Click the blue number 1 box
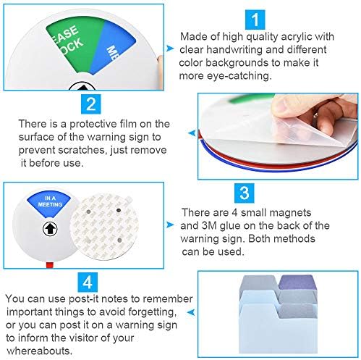click(x=255, y=20)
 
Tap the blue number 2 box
click(x=91, y=104)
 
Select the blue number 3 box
click(x=245, y=193)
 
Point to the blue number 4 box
click(x=88, y=282)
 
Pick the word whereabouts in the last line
click(x=40, y=351)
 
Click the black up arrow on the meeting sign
click(x=50, y=229)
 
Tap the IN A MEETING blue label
click(x=49, y=203)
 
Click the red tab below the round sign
click(x=50, y=264)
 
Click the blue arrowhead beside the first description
click(x=170, y=49)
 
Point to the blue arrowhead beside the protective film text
click(x=192, y=133)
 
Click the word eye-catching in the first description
click(x=239, y=76)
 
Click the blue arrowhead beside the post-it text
click(x=191, y=312)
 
